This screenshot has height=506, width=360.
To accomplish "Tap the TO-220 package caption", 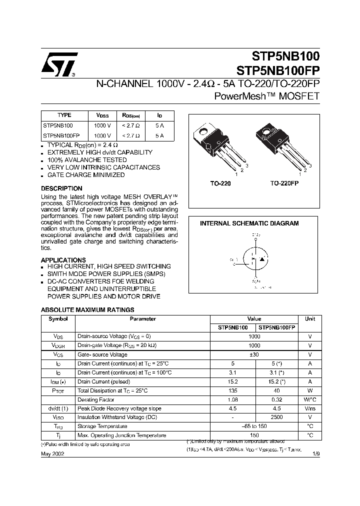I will coord(221,184).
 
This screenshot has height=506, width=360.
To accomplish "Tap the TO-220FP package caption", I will coord(284,184).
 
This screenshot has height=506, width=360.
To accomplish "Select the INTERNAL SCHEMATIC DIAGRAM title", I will coord(249,223).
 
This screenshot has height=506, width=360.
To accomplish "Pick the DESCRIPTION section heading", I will coord(61,188).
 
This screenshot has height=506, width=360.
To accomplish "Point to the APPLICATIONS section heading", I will coord(63,260).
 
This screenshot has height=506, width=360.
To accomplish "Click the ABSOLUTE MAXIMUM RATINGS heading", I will coord(87,310).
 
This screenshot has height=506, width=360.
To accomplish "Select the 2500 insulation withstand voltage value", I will coord(276,417).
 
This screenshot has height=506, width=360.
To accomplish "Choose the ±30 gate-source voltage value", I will coord(254,354).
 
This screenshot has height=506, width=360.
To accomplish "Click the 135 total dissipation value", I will coord(232,390).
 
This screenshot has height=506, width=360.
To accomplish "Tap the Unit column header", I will coord(310,319).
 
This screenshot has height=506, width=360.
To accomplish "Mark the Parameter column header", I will coord(143,319).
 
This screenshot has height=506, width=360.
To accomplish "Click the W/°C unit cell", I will coord(310,399).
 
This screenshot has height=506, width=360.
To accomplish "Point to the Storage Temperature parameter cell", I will coord(102,426).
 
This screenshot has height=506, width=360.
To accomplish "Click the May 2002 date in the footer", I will coord(52,453).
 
